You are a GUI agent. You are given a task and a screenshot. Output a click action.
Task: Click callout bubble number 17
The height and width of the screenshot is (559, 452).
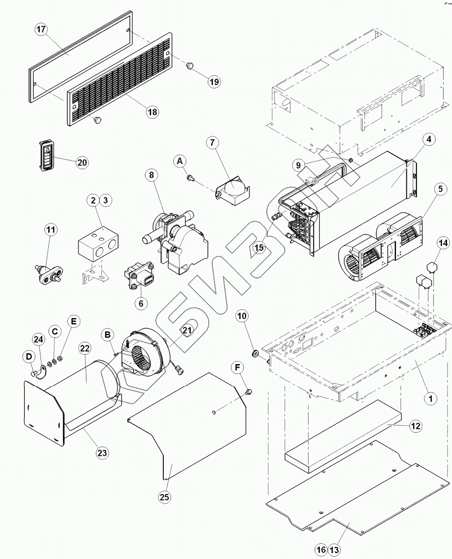coord(41,30)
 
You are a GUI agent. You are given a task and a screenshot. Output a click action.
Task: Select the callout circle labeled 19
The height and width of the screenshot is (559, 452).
coord(214,82)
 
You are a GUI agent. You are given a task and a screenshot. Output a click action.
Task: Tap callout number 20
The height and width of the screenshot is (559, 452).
coord(82,162)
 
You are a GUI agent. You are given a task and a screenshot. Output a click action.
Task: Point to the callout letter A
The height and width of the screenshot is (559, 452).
coord(180,161)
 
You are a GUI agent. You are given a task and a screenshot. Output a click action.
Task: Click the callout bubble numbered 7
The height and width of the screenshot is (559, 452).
coord(212,143)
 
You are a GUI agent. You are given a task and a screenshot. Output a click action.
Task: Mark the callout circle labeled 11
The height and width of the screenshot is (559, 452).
coord(51,230)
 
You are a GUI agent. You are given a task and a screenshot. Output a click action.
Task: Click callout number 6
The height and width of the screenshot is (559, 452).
coord(141,304)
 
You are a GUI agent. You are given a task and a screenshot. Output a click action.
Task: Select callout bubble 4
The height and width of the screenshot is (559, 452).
coord(429,139)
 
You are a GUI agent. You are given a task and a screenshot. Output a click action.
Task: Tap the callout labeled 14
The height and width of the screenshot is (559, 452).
coord(443,243)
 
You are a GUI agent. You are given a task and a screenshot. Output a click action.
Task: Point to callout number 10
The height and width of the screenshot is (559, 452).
coord(242,316)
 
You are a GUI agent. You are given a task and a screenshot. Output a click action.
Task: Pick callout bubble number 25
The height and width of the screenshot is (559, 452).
coord(165,497)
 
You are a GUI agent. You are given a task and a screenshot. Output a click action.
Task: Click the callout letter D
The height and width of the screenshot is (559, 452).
coord(29,357)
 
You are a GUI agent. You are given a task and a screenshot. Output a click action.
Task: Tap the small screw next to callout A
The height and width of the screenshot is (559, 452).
coord(190,179)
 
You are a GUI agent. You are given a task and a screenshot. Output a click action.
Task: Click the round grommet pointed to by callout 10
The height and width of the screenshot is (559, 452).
coord(254,353)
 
